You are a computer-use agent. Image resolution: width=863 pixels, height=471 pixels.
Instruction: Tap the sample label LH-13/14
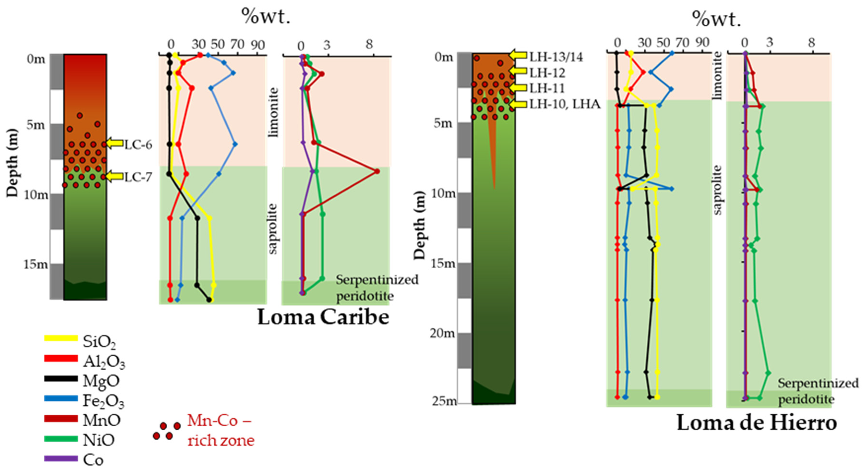556,57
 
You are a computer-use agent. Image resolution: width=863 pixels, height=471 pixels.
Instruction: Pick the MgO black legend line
61,379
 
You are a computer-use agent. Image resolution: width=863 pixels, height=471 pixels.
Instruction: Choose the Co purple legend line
61,459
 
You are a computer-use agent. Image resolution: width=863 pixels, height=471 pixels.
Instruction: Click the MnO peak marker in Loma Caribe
377,171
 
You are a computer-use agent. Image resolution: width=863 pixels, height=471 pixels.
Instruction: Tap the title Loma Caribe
323,317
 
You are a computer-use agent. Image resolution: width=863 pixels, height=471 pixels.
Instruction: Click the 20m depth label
443,333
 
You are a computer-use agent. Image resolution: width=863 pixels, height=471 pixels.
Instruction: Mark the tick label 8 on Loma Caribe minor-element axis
369,45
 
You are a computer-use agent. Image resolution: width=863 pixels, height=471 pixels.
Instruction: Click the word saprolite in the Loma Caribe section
274,229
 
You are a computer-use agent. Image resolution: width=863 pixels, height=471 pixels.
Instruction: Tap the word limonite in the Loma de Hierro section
717,76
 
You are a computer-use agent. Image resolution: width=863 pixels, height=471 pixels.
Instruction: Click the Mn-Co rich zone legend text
220,430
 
